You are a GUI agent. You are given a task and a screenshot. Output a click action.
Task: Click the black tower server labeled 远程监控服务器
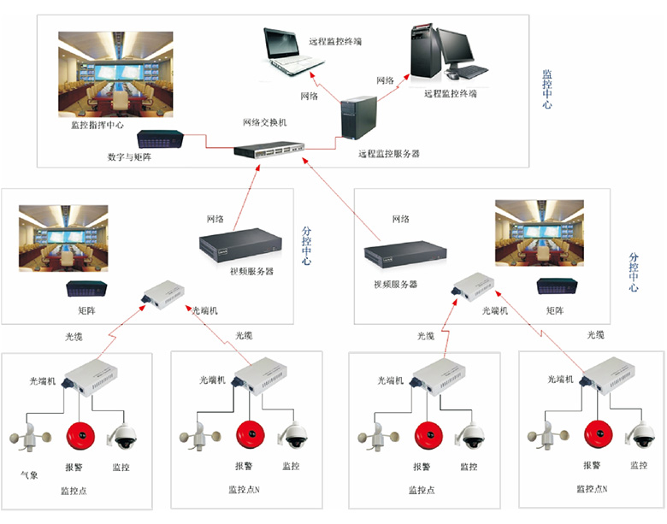358,119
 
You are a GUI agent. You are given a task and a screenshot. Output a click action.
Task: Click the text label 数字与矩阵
130,157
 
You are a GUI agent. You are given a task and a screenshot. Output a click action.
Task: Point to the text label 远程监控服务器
389,155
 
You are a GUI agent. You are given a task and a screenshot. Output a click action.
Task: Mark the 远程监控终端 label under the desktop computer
450,93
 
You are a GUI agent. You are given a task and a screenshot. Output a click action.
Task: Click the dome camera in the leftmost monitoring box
121,436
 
